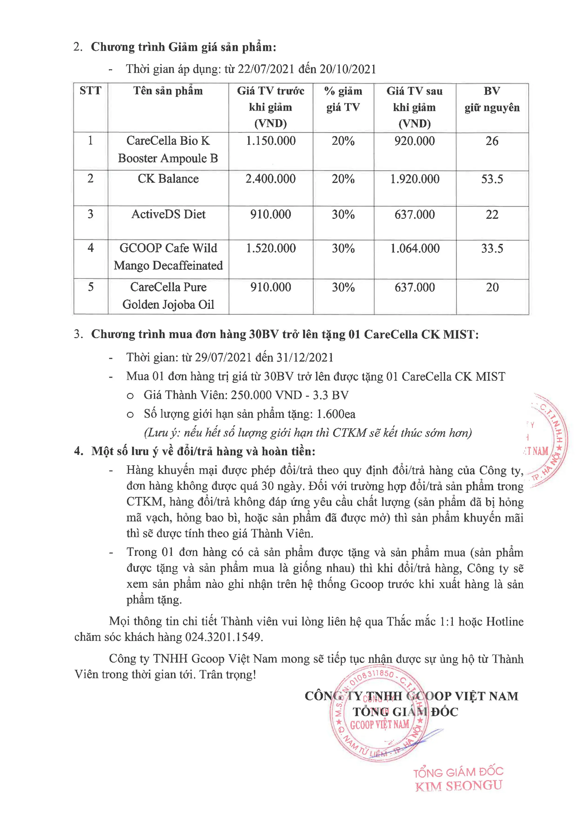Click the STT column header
click(90, 91)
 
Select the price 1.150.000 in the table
click(271, 141)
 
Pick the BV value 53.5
click(492, 179)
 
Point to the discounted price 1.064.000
click(415, 248)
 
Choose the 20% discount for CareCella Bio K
click(343, 141)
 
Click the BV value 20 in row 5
click(492, 287)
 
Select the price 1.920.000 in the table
click(415, 179)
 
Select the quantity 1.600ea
click(336, 414)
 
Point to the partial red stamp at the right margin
click(547, 440)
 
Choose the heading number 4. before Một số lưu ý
click(79, 451)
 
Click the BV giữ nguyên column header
click(492, 99)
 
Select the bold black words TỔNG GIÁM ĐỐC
click(405, 712)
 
